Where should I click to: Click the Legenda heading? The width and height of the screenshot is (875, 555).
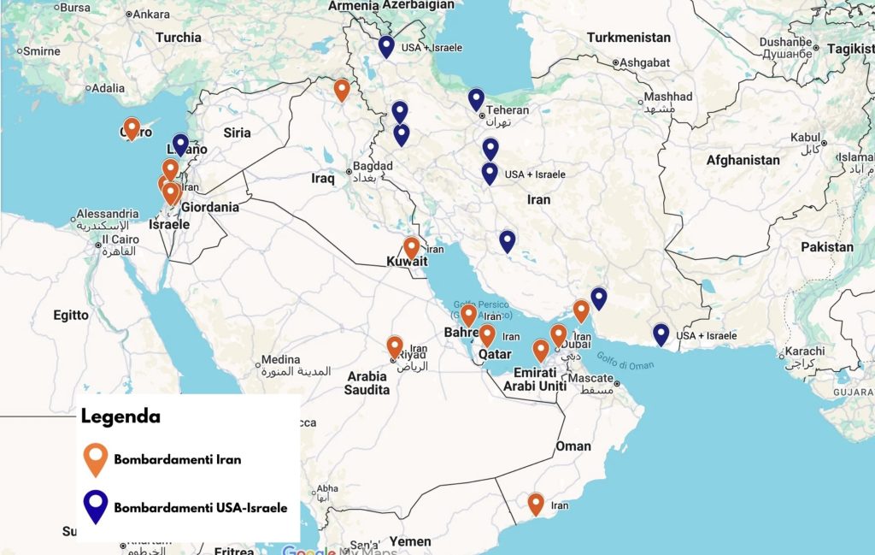click(120, 416)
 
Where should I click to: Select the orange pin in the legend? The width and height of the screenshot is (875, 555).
click(96, 458)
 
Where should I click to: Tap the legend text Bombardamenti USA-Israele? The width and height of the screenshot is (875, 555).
click(201, 508)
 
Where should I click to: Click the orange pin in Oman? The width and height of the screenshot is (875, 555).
click(536, 504)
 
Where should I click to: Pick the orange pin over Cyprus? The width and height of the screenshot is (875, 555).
click(132, 128)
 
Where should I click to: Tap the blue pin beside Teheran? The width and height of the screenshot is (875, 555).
click(476, 99)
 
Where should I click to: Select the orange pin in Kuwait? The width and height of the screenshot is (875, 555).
click(411, 247)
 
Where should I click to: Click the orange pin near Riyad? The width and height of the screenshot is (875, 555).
click(395, 346)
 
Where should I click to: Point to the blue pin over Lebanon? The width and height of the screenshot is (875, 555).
click(180, 145)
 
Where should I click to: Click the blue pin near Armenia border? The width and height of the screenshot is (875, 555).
click(386, 46)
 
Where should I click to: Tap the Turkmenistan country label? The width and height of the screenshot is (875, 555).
click(629, 38)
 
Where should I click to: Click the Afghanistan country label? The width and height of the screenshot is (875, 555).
click(743, 160)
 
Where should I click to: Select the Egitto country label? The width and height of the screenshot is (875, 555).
click(71, 316)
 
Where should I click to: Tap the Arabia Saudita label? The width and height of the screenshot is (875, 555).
click(367, 383)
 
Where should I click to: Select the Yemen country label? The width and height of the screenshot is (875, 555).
click(411, 541)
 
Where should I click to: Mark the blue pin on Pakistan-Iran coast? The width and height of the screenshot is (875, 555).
click(661, 334)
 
